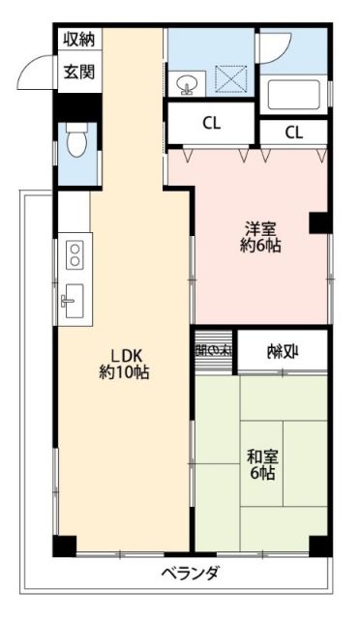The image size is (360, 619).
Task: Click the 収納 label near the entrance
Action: pos(78,40)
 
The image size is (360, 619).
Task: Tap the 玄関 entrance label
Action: pos(78,71)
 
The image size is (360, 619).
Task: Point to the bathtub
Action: pos(297,96)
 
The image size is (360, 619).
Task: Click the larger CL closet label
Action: pos(210,123)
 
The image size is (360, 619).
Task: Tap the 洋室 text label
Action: pos(260,229)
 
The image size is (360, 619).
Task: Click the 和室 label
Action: pos(260,456)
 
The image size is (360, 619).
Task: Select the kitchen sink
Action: pos(74,300)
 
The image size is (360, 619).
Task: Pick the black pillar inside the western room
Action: pos(318,223)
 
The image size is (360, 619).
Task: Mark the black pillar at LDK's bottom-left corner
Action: pos(63,545)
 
